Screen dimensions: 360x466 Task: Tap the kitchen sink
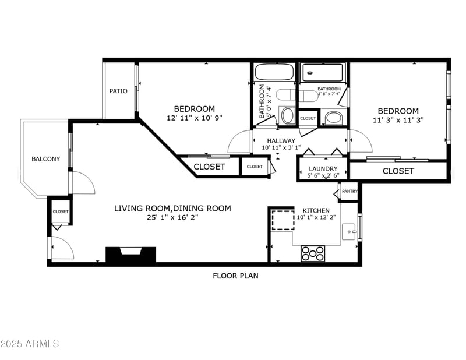[x=350, y=231]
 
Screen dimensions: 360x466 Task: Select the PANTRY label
[x=349, y=191]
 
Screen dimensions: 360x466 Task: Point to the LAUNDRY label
[x=323, y=169]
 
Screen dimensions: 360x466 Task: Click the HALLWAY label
[x=281, y=140]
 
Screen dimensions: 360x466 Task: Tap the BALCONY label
[x=45, y=158]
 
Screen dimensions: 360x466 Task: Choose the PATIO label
[x=118, y=91]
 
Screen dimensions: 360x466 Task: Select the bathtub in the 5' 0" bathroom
[x=274, y=73]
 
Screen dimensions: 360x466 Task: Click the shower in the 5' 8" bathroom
[x=324, y=73]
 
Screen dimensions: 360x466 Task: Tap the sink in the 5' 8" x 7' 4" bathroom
[x=334, y=118]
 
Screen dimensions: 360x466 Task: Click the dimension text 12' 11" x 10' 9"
[x=194, y=118]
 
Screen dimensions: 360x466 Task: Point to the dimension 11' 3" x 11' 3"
[x=398, y=120]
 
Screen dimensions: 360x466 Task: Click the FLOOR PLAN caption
[x=235, y=276]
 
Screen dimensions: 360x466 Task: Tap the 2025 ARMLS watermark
[x=30, y=344]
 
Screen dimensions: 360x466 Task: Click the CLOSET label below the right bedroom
[x=398, y=171]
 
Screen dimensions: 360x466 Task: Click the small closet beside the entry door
[x=61, y=211]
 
